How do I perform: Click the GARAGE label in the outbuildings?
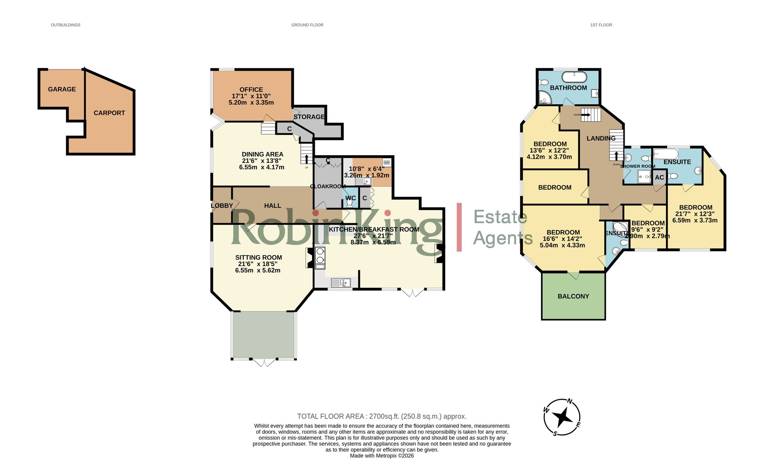(x=62, y=89)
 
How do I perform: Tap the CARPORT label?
(x=109, y=113)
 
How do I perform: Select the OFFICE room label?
(x=251, y=90)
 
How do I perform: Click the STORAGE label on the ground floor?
(x=309, y=117)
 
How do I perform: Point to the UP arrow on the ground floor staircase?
(x=306, y=159)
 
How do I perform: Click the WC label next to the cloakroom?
(x=350, y=198)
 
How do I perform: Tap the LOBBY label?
(x=222, y=206)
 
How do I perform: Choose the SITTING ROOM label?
(x=259, y=258)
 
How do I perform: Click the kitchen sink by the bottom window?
(x=341, y=283)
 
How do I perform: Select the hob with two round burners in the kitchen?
(x=320, y=255)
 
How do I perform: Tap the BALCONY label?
(x=573, y=297)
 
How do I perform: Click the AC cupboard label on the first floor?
(x=659, y=178)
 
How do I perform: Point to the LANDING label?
(x=601, y=138)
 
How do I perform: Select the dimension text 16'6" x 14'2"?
(x=562, y=239)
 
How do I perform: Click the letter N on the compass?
(x=570, y=401)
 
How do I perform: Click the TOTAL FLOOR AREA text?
(x=382, y=417)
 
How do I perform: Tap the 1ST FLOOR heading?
(x=601, y=25)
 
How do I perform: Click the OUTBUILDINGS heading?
(x=66, y=25)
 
